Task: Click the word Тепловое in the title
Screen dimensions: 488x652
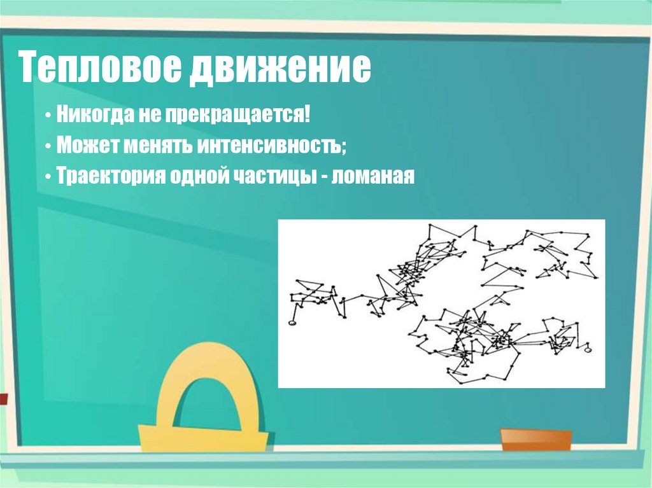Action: (98, 69)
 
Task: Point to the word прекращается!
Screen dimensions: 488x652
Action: (239, 116)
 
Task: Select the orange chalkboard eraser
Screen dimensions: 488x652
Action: (535, 439)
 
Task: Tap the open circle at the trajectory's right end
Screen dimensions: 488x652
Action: (588, 348)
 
